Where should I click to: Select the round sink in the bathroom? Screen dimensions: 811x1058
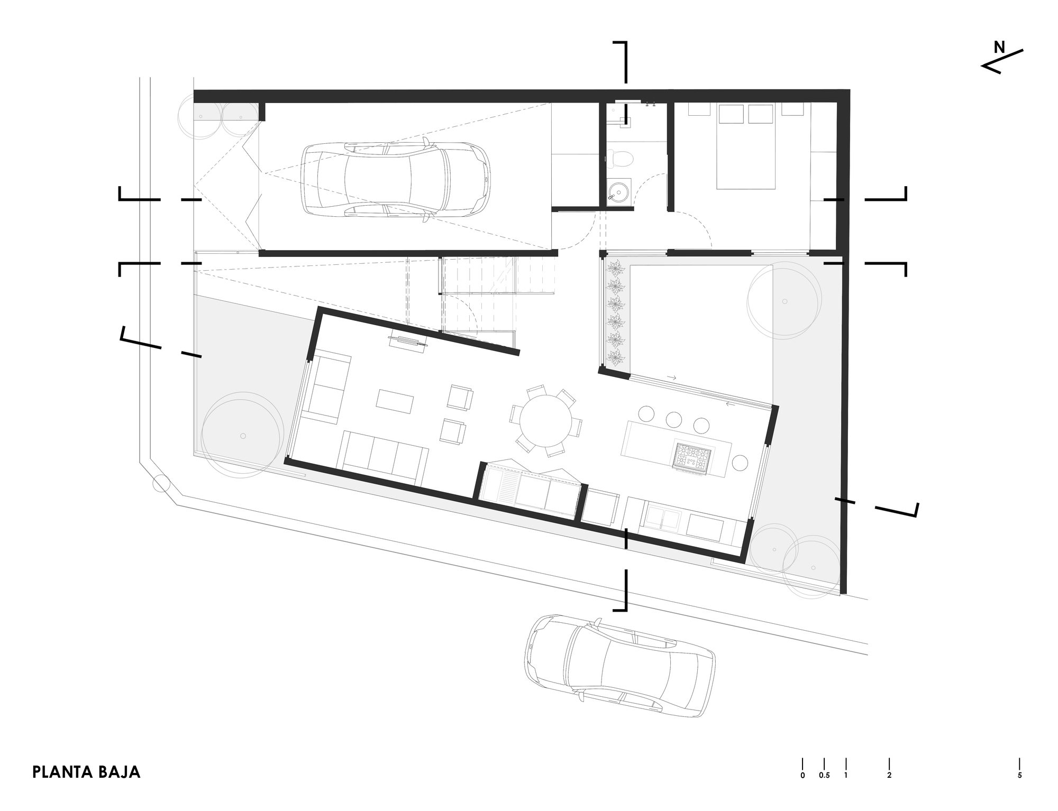pyautogui.click(x=617, y=191)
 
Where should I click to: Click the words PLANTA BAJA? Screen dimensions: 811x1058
pyautogui.click(x=86, y=772)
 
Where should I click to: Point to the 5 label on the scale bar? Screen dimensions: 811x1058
pyautogui.click(x=1019, y=776)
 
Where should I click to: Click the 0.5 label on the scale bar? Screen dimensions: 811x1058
pyautogui.click(x=824, y=776)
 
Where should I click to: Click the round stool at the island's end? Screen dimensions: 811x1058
pyautogui.click(x=739, y=463)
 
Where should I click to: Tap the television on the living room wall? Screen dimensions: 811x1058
pyautogui.click(x=408, y=342)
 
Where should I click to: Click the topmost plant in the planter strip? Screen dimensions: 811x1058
pyautogui.click(x=615, y=267)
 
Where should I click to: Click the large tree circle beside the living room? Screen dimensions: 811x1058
pyautogui.click(x=242, y=435)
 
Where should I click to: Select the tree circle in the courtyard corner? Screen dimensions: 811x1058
pyautogui.click(x=785, y=301)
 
